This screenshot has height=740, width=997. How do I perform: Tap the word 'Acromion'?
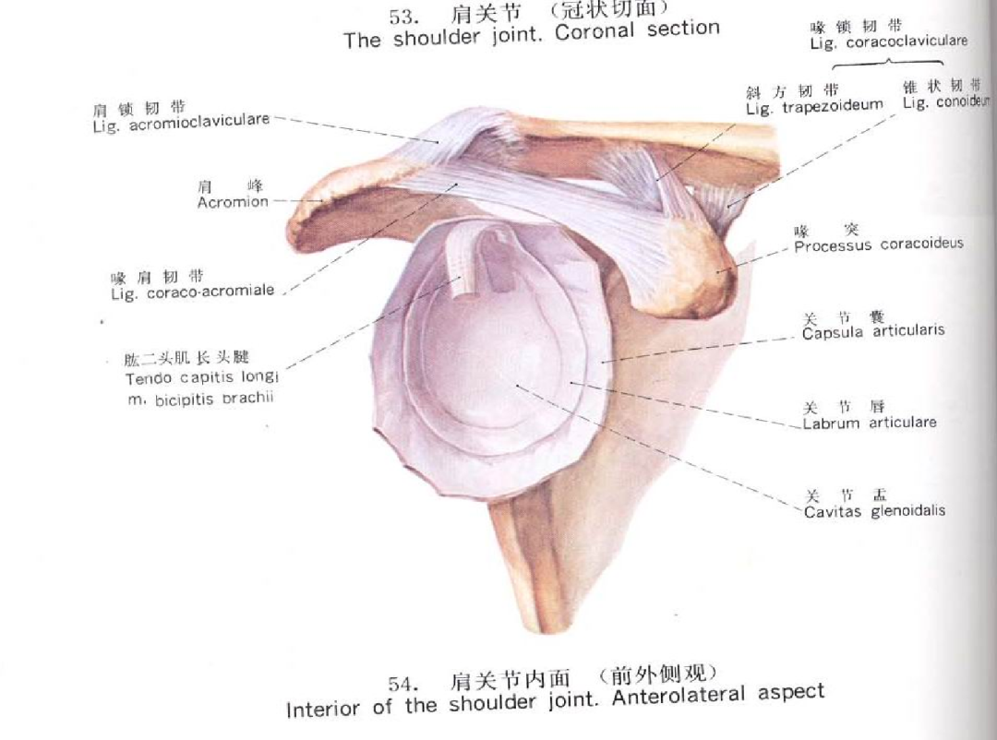pyautogui.click(x=233, y=202)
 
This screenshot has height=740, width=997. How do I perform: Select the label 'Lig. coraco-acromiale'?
pyautogui.click(x=192, y=291)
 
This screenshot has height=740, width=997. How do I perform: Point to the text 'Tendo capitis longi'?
pyautogui.click(x=202, y=377)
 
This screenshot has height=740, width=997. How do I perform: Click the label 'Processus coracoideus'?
pyautogui.click(x=878, y=245)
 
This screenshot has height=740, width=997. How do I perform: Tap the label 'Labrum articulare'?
pyautogui.click(x=870, y=423)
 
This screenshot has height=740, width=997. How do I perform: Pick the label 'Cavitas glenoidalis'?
pyautogui.click(x=874, y=510)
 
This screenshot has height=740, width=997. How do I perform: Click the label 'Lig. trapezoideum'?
pyautogui.click(x=814, y=108)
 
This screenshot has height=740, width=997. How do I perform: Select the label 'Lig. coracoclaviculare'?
pyautogui.click(x=888, y=42)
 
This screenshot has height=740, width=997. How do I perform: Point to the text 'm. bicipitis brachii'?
pyautogui.click(x=201, y=399)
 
